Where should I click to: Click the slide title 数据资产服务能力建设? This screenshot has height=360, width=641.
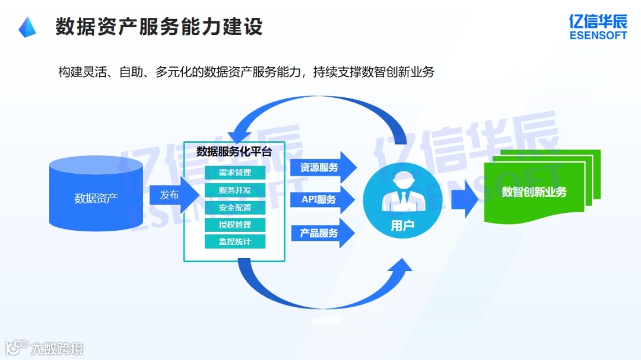click(x=159, y=27)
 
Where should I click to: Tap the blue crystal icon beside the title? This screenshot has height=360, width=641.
click(x=27, y=27)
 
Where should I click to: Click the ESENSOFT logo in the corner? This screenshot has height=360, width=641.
click(x=598, y=27)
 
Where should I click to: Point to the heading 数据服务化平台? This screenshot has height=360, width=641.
click(x=234, y=151)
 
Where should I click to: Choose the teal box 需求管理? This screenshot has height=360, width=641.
click(x=235, y=173)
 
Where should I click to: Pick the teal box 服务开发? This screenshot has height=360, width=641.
click(x=235, y=190)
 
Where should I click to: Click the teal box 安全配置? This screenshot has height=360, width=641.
click(x=235, y=208)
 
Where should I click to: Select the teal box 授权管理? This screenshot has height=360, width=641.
click(x=235, y=225)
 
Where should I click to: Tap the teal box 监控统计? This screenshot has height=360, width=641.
click(x=235, y=241)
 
